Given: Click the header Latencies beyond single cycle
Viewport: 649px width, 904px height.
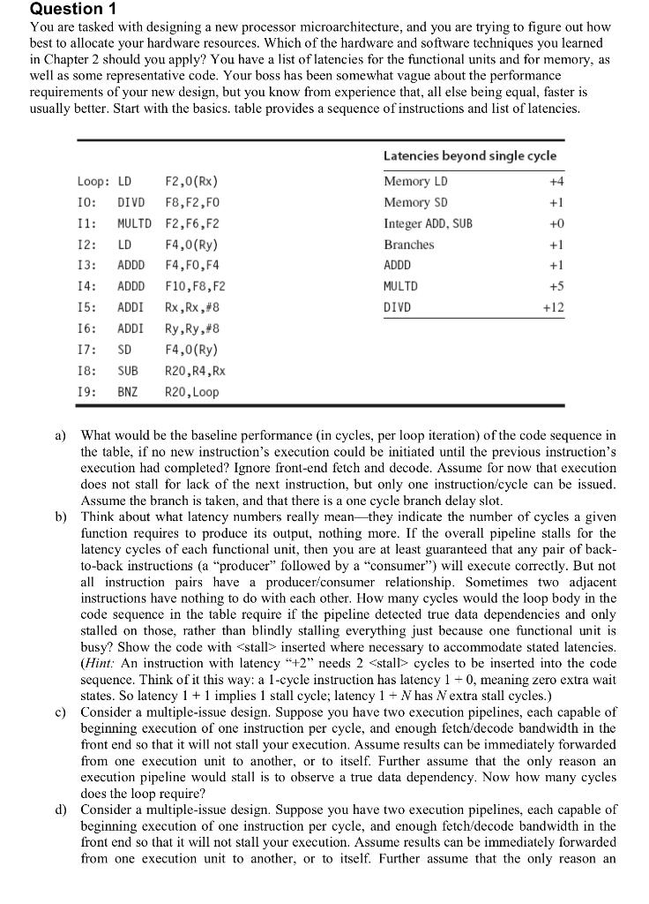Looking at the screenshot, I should (x=469, y=155).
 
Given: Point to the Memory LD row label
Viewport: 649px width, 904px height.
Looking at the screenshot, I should (x=415, y=181).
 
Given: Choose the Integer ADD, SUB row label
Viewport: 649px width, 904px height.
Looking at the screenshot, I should (x=428, y=223).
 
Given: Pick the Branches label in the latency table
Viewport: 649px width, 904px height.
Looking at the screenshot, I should (x=409, y=245).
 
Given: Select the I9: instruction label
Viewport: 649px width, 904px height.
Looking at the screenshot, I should (x=86, y=392).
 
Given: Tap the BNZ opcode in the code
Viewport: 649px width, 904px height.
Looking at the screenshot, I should (x=129, y=392).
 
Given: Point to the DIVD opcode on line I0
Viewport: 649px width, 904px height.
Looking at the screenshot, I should (x=131, y=202).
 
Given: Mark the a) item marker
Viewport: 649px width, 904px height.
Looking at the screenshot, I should (x=60, y=435).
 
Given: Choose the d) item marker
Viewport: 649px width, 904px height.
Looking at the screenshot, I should (x=60, y=809).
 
